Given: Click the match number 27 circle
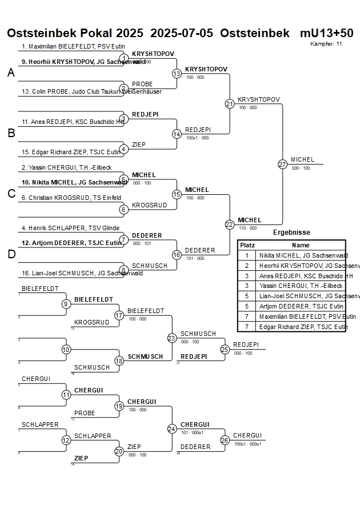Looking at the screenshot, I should click(282, 164).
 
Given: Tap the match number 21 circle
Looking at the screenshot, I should click(230, 104).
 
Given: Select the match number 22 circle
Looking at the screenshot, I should click(230, 225).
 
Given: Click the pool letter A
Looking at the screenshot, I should click(11, 73).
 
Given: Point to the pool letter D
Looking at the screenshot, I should click(11, 255).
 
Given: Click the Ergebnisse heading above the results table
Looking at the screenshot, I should click(291, 233).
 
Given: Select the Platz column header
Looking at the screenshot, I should click(247, 245).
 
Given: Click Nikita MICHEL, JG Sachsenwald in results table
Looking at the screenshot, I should click(303, 255).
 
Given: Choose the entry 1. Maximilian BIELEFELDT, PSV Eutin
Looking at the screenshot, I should click(73, 46).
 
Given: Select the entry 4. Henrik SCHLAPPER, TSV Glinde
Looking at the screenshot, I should click(71, 228).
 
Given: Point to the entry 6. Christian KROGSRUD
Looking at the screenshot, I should click(71, 198).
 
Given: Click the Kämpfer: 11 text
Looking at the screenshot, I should click(326, 43).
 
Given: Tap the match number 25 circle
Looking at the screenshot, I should click(225, 349).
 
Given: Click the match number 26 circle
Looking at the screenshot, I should click(225, 440).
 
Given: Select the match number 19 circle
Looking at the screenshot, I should click(119, 406).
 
